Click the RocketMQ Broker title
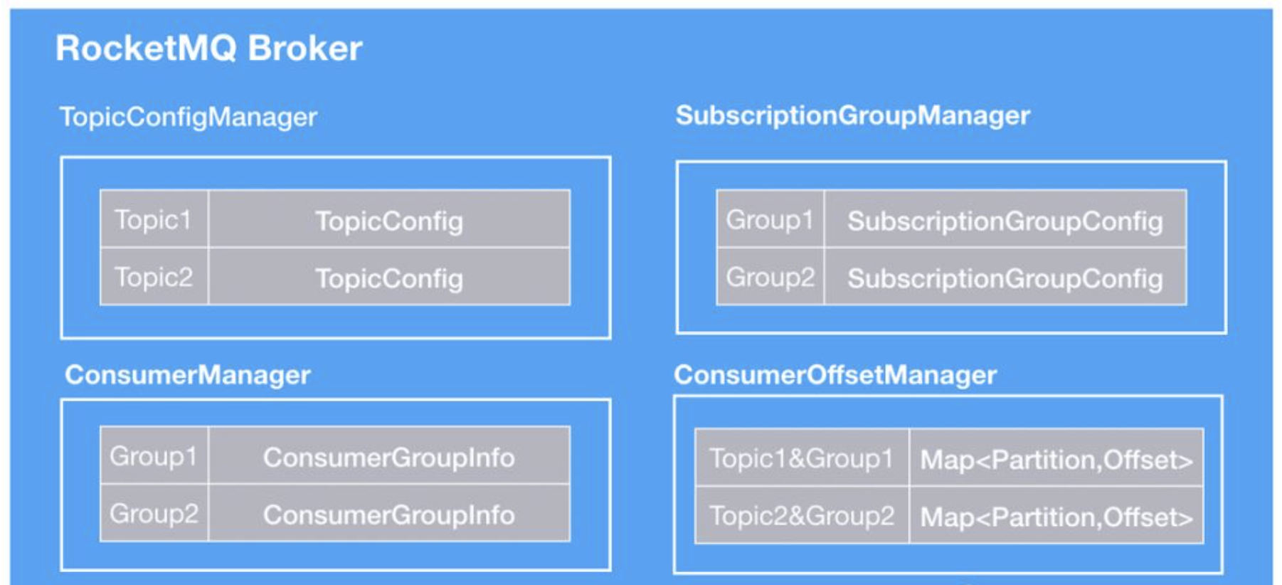pyautogui.click(x=209, y=48)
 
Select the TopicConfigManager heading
pyautogui.click(x=188, y=117)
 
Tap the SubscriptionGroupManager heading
pyautogui.click(x=852, y=116)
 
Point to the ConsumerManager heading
pyautogui.click(x=187, y=375)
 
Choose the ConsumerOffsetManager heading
pyautogui.click(x=835, y=375)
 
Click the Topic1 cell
pyautogui.click(x=154, y=219)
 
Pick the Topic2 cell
pyautogui.click(x=154, y=277)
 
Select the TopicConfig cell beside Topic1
pyautogui.click(x=389, y=219)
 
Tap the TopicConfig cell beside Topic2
pyautogui.click(x=389, y=277)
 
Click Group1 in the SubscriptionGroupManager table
pyautogui.click(x=770, y=219)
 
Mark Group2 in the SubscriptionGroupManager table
pyautogui.click(x=770, y=277)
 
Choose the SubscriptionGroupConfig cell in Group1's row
pyautogui.click(x=1005, y=219)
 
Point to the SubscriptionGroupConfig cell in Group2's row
pyautogui.click(x=1005, y=277)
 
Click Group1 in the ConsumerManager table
pyautogui.click(x=154, y=455)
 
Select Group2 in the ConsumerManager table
pyautogui.click(x=154, y=513)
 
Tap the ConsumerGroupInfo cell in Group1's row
pyautogui.click(x=389, y=455)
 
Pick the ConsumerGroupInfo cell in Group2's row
pyautogui.click(x=389, y=513)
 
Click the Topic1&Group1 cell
pyautogui.click(x=802, y=458)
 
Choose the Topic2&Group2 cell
pyautogui.click(x=802, y=515)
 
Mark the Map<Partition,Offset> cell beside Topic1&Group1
pyautogui.click(x=1056, y=458)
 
